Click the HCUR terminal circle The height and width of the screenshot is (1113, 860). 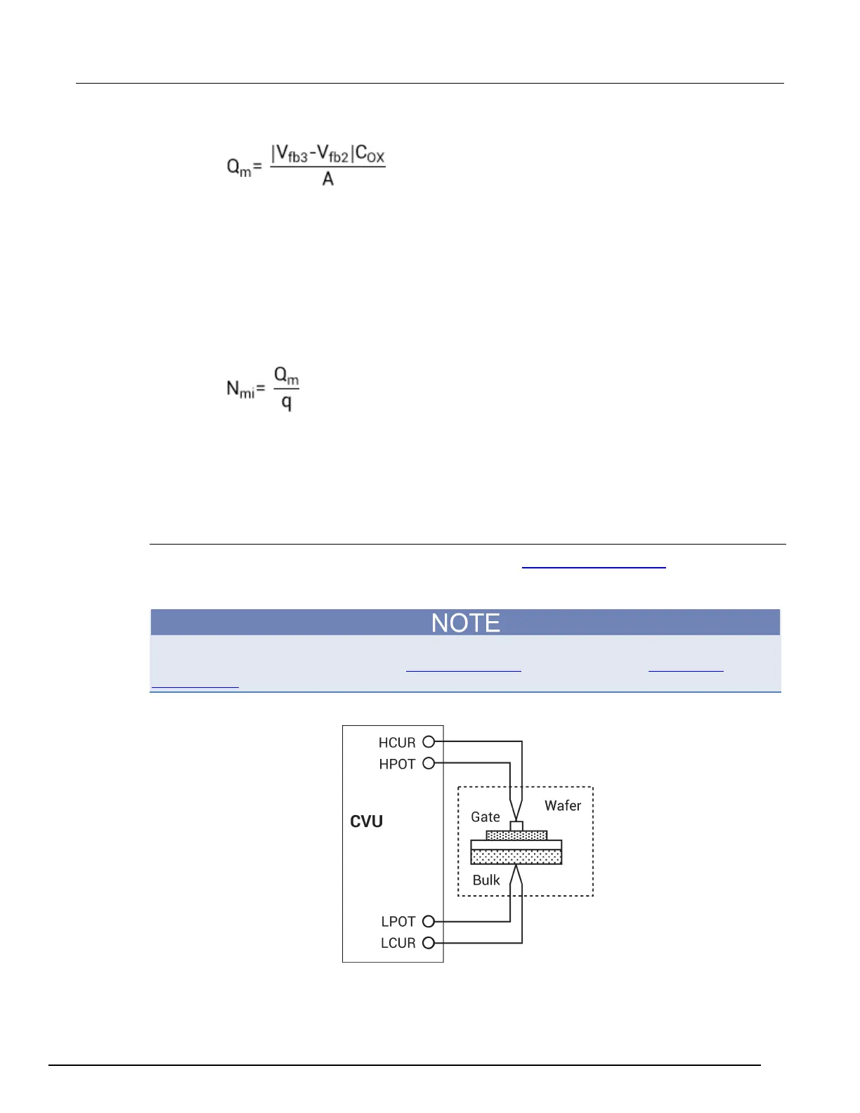pyautogui.click(x=429, y=741)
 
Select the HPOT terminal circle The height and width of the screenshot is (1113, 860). pyautogui.click(x=429, y=763)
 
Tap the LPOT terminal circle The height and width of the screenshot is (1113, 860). pyautogui.click(x=429, y=921)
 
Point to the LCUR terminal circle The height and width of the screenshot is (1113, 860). pyautogui.click(x=429, y=943)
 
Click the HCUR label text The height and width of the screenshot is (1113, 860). pyautogui.click(x=397, y=743)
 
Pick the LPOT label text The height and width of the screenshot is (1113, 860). pyautogui.click(x=398, y=922)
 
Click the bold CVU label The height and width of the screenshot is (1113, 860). pyautogui.click(x=366, y=821)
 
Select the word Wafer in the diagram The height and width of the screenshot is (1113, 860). pyautogui.click(x=563, y=806)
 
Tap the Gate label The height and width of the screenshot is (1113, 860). pyautogui.click(x=486, y=817)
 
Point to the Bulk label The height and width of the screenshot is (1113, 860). pyautogui.click(x=486, y=880)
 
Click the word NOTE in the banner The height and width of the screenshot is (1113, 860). pyautogui.click(x=465, y=623)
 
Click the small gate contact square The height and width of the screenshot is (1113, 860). pyautogui.click(x=516, y=826)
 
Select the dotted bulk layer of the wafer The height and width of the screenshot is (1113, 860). pyautogui.click(x=516, y=857)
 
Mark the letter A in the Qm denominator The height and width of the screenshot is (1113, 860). pyautogui.click(x=327, y=179)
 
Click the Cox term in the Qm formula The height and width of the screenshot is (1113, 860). pyautogui.click(x=370, y=154)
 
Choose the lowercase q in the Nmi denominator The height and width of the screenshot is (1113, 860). pyautogui.click(x=286, y=403)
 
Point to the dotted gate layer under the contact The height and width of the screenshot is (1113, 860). pyautogui.click(x=516, y=835)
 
